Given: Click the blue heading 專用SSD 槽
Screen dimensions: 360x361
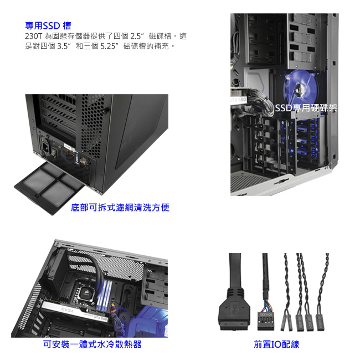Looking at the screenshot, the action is coord(48,25).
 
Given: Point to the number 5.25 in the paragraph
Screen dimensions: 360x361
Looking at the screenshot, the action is coord(108,46).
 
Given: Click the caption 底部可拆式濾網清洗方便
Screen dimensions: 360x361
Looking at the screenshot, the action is coord(120,208).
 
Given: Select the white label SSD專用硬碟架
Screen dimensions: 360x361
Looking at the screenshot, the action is coord(306,108).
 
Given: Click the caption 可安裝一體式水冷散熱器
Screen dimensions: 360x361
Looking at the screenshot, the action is coord(92,344).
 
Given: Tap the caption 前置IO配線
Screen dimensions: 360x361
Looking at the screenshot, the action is coord(276,344).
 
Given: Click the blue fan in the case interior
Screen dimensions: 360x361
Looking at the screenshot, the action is coord(301,87).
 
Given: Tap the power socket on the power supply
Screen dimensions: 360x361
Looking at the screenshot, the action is coord(45,146).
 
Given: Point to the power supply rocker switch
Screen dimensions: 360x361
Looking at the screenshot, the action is coord(53,152).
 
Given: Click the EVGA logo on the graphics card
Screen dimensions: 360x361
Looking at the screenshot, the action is coord(68,311).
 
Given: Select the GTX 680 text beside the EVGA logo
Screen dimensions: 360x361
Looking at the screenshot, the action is coord(101,318).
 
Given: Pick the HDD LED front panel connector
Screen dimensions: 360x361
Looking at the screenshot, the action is coord(309,322).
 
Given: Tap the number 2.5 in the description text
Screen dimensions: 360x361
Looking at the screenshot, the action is coord(136,36).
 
